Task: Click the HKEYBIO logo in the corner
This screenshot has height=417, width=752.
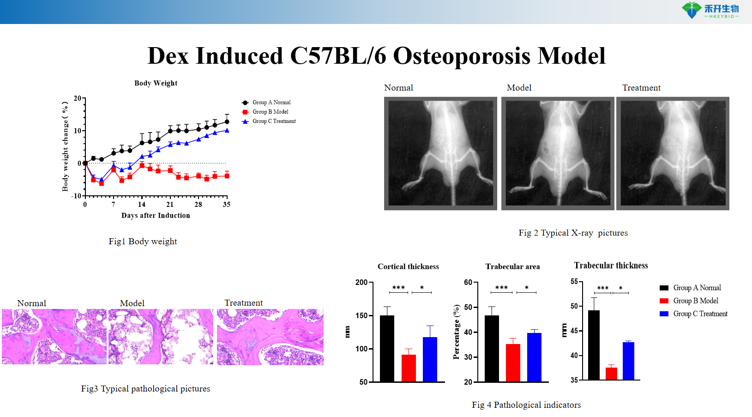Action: tap(710, 10)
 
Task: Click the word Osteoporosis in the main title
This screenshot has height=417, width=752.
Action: tap(462, 56)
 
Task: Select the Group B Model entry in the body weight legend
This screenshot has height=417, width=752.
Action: tap(270, 112)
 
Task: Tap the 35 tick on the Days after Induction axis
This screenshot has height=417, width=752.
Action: tap(227, 204)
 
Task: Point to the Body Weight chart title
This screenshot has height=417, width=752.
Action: tap(156, 83)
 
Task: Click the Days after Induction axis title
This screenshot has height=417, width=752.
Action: tap(156, 215)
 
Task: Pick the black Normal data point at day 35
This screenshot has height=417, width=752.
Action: tap(227, 122)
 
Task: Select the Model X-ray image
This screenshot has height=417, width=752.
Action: tap(558, 153)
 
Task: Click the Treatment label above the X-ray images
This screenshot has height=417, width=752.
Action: tap(641, 88)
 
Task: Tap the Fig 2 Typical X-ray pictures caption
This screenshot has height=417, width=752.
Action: tap(573, 233)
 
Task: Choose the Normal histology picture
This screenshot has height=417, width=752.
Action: tap(54, 337)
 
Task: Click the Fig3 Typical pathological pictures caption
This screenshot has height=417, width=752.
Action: tap(145, 389)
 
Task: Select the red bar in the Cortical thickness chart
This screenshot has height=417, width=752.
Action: tap(409, 368)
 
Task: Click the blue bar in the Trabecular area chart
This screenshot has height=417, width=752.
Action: tap(534, 357)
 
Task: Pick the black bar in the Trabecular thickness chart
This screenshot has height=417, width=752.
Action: tap(594, 345)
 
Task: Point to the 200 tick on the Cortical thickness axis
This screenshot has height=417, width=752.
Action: tap(361, 282)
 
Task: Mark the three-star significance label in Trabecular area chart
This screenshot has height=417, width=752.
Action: tap(501, 288)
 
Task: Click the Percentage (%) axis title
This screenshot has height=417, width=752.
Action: tap(457, 332)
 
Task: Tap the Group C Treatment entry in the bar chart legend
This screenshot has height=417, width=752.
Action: tap(700, 314)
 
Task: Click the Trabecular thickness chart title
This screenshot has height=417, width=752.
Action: tap(611, 266)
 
